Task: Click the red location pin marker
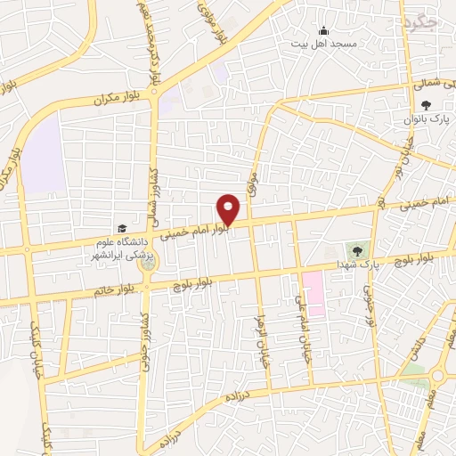click(229, 209)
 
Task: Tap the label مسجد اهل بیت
click(328, 44)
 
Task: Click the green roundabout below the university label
click(148, 265)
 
